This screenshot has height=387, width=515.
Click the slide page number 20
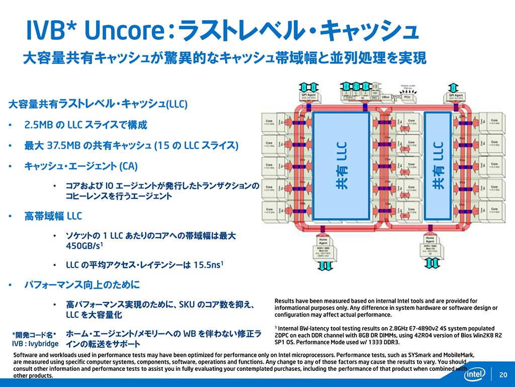coord(503,374)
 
